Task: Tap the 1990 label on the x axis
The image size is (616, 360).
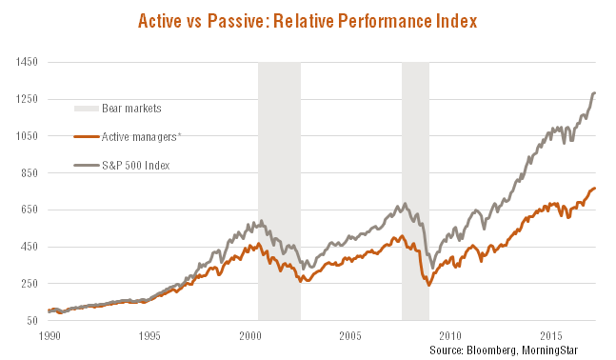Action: point(49,336)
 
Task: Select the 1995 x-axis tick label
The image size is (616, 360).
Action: point(149,336)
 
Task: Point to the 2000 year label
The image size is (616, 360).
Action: point(249,336)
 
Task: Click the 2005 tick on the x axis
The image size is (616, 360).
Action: point(349,336)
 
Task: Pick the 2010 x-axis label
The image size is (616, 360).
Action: point(449,336)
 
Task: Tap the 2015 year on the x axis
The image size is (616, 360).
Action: point(549,336)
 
